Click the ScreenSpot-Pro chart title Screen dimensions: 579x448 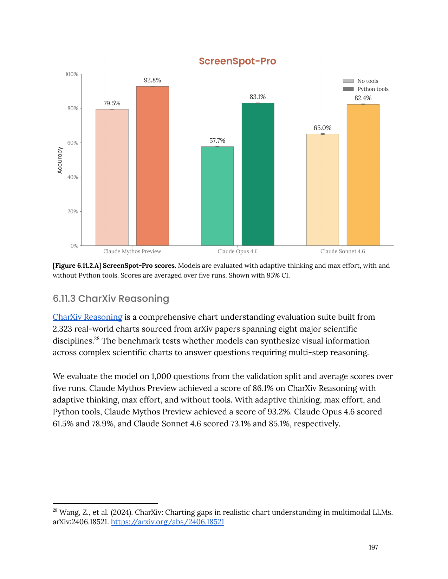[x=237, y=61]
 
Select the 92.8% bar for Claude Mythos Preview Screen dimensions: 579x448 [x=152, y=166]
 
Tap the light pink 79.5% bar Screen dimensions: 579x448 [x=112, y=177]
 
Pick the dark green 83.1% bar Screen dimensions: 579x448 [x=258, y=174]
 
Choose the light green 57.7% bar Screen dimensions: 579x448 [x=217, y=196]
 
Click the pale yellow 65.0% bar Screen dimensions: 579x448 [x=323, y=189]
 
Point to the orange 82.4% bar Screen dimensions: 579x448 [x=363, y=175]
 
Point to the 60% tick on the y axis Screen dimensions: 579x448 [x=73, y=143]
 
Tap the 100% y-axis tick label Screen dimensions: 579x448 [x=72, y=74]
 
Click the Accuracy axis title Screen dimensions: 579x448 [x=60, y=160]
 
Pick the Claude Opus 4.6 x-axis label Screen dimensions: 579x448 [x=238, y=251]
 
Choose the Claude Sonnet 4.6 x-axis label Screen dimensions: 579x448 [x=343, y=251]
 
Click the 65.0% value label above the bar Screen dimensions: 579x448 [x=323, y=128]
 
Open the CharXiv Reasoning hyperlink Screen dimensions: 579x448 [x=87, y=317]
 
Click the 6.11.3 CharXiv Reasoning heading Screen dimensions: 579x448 [x=111, y=299]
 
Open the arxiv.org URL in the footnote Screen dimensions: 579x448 [x=168, y=522]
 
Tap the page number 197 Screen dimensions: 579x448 [x=373, y=547]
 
